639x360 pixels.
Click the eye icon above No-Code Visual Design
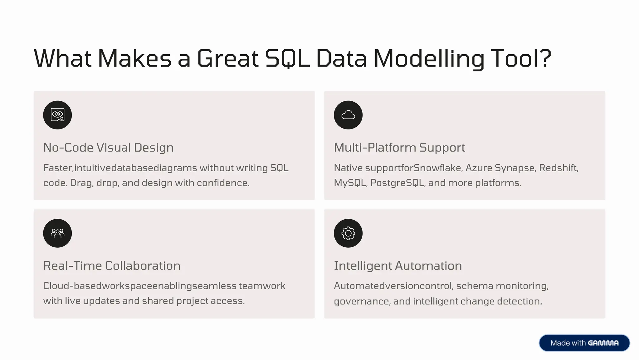click(x=57, y=115)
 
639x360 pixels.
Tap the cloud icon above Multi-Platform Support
click(x=348, y=115)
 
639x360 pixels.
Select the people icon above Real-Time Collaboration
click(x=57, y=233)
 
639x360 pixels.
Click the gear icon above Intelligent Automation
click(x=348, y=233)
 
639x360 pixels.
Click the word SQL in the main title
click(x=287, y=58)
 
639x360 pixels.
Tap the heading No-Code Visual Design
click(x=108, y=148)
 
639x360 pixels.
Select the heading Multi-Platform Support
click(x=399, y=148)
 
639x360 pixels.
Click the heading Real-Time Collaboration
click(x=112, y=266)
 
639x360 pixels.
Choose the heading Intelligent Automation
click(x=398, y=266)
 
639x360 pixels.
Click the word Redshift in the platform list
click(x=558, y=168)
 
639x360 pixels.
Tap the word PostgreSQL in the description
click(x=397, y=183)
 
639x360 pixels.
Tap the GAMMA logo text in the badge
click(x=603, y=343)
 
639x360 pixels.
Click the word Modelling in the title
click(x=429, y=58)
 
